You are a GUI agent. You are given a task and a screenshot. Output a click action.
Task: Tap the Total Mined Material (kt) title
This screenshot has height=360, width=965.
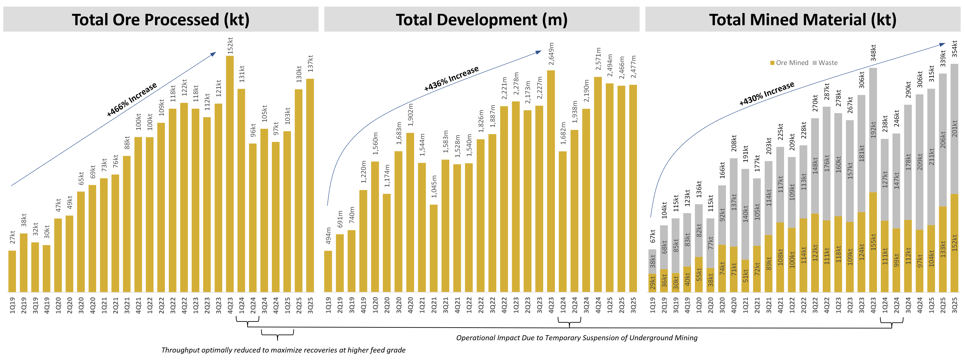(x=803, y=20)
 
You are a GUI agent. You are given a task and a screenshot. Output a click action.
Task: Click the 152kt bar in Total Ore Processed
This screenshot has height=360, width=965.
(x=230, y=172)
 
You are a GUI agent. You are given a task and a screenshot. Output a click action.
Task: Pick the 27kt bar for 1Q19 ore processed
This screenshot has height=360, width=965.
(x=12, y=271)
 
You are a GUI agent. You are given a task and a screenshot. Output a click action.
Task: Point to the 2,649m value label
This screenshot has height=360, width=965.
(x=551, y=54)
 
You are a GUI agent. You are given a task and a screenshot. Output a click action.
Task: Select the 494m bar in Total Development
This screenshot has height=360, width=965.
(x=328, y=271)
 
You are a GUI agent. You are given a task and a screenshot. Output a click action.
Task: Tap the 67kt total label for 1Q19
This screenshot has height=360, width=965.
(x=653, y=236)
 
